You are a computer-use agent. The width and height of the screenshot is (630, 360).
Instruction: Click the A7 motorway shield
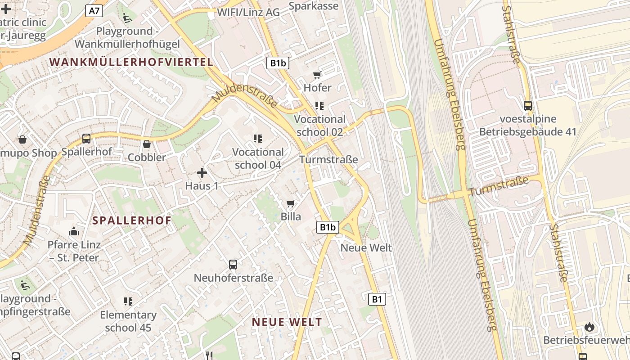pos(94,11)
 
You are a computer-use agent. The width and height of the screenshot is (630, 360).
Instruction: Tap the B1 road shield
pos(377,299)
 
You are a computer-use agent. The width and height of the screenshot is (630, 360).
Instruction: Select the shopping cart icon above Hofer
pos(317,75)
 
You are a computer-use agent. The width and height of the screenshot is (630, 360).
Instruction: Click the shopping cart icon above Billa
pos(291,204)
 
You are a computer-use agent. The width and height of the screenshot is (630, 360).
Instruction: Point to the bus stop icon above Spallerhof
pos(86,138)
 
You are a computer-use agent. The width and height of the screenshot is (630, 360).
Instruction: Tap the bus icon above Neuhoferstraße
pos(233,265)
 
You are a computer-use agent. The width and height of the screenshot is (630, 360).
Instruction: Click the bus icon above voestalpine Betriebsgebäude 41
pos(528,106)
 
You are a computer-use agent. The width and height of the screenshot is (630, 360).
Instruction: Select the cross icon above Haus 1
pos(202,172)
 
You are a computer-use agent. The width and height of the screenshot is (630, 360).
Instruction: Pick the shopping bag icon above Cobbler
pos(147,144)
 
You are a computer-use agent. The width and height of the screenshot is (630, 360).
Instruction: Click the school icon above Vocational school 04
pos(258,139)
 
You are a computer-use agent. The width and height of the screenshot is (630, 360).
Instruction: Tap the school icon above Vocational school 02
pos(319,106)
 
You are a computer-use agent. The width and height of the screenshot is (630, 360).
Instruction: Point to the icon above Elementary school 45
pos(128,301)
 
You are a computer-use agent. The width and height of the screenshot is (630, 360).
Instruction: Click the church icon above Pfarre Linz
pos(74,232)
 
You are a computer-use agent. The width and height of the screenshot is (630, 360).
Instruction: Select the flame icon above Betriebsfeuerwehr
pos(589,327)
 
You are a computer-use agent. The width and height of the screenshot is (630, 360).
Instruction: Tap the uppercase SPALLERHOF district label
pos(132,220)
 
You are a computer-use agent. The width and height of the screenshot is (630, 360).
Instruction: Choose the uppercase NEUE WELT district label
pos(287,322)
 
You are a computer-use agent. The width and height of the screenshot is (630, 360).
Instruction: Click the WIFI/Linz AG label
pos(248,12)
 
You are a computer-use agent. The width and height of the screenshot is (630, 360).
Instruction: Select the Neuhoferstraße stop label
pos(233,278)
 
